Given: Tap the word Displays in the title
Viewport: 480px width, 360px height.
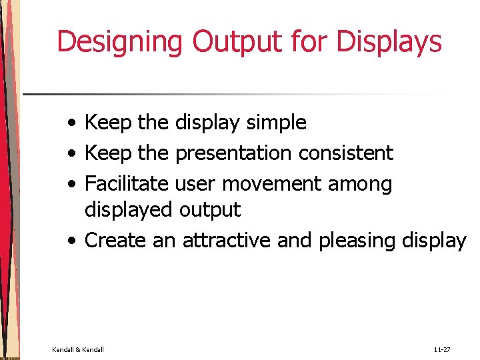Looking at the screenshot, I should [x=389, y=41].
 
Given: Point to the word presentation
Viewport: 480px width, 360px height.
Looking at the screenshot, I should [x=233, y=153].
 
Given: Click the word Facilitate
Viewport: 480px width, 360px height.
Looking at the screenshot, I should [x=127, y=183].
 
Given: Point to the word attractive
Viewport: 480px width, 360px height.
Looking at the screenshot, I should [x=227, y=240].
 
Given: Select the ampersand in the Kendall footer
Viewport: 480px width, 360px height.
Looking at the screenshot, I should [x=78, y=349].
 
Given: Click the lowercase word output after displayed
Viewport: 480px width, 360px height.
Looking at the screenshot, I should [x=209, y=211].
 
